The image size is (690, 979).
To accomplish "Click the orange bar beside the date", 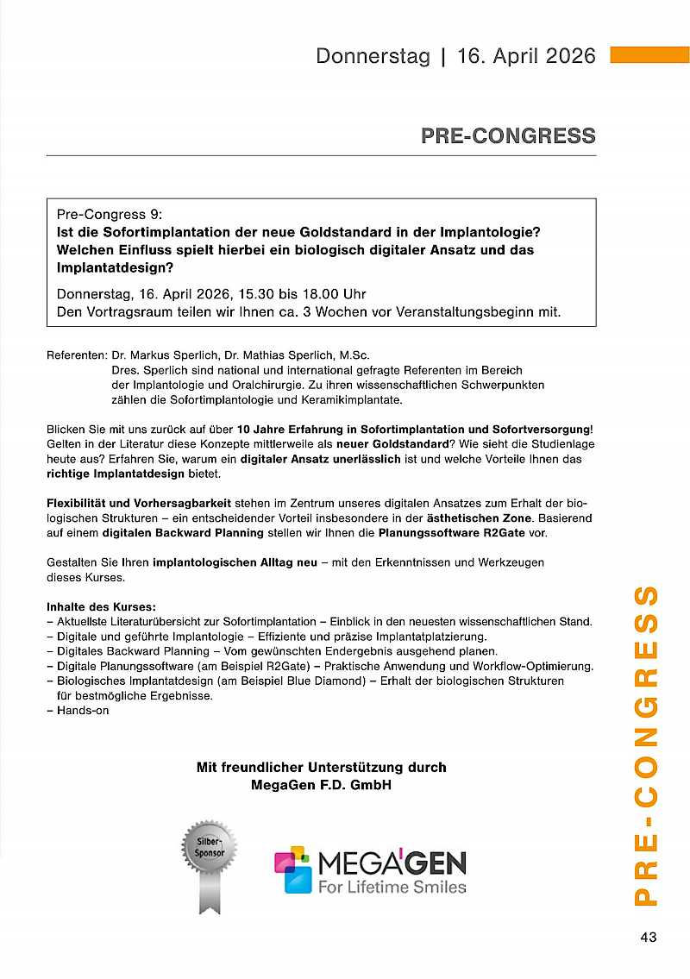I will click(649, 55).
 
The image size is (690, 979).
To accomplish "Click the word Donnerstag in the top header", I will click(373, 56).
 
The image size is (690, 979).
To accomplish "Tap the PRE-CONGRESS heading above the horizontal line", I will click(508, 135).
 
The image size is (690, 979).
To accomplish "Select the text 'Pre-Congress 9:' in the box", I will click(109, 214).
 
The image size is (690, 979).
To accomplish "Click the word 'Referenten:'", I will click(77, 355).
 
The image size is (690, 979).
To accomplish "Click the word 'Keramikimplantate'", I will click(345, 399).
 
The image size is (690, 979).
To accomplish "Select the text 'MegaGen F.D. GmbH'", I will click(321, 785).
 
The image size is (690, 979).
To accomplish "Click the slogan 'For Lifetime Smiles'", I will click(392, 887).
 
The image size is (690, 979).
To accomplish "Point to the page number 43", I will click(649, 938).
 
